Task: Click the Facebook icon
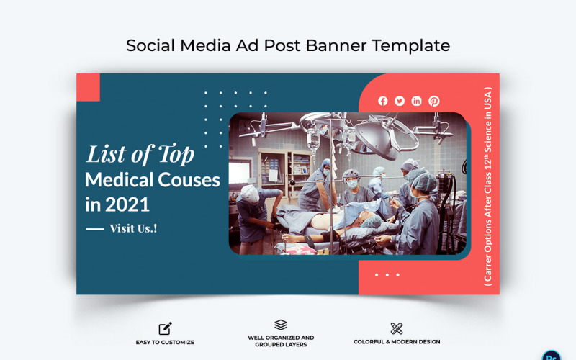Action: coord(382,102)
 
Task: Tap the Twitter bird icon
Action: coord(400,102)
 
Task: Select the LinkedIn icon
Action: coord(417,102)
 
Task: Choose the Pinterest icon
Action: coord(434,102)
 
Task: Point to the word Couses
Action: coord(186,179)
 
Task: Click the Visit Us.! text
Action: coord(133,228)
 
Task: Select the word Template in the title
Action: coord(411,45)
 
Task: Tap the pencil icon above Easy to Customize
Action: coord(165,329)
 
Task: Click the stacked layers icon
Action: coord(281,325)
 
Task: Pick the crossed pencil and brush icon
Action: coord(397,328)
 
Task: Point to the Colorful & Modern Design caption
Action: coord(397,342)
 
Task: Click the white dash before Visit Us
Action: coord(95,229)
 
